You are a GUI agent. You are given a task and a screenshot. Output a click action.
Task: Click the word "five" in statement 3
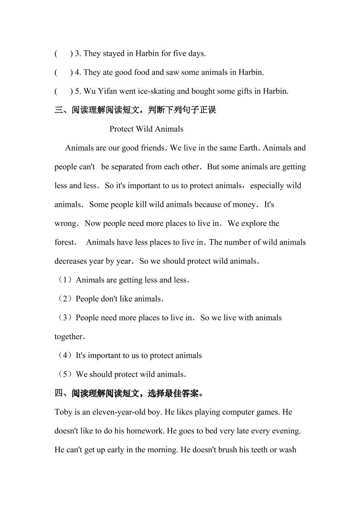pos(180,54)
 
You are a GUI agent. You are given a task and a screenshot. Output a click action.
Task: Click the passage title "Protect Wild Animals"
pos(146,129)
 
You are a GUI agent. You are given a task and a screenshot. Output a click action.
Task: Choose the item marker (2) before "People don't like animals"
pos(64,299)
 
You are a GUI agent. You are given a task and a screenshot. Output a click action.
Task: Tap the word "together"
pos(69,337)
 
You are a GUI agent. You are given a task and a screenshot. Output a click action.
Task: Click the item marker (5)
pos(64,375)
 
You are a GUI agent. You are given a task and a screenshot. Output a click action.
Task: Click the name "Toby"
pos(63,412)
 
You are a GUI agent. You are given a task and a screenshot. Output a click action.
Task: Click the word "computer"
pos(219,412)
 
